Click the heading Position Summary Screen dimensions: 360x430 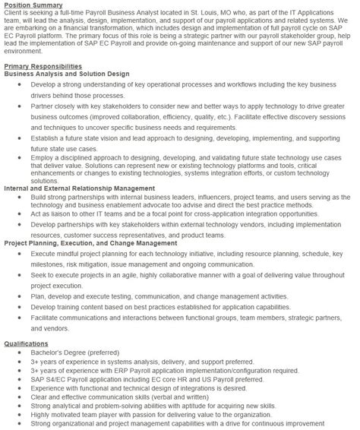tap(31, 5)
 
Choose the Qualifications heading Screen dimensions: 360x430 tap(26, 364)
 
